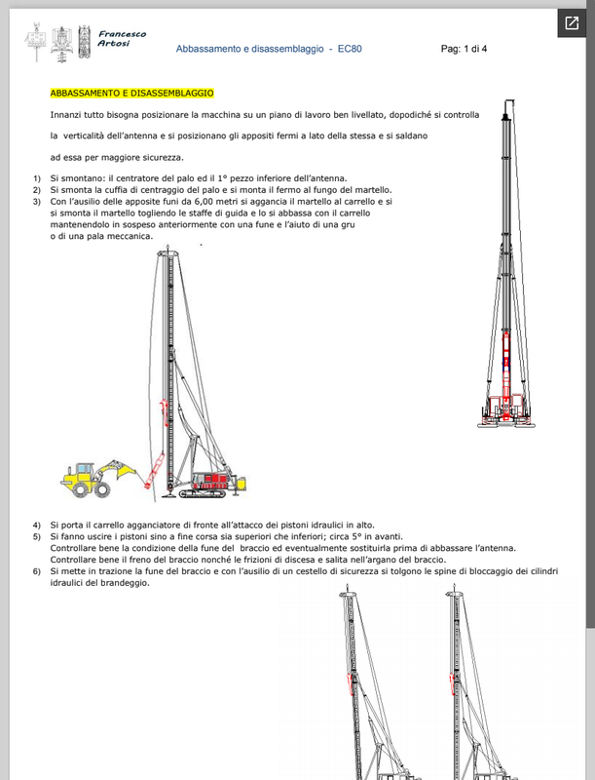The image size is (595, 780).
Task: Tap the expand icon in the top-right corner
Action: coord(574,23)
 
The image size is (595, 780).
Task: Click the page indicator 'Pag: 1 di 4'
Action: coord(464,48)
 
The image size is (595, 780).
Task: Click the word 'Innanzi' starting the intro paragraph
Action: coord(66,114)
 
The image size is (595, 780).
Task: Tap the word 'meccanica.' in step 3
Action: coord(129,238)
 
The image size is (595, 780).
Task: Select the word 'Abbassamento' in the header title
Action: coord(209,48)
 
